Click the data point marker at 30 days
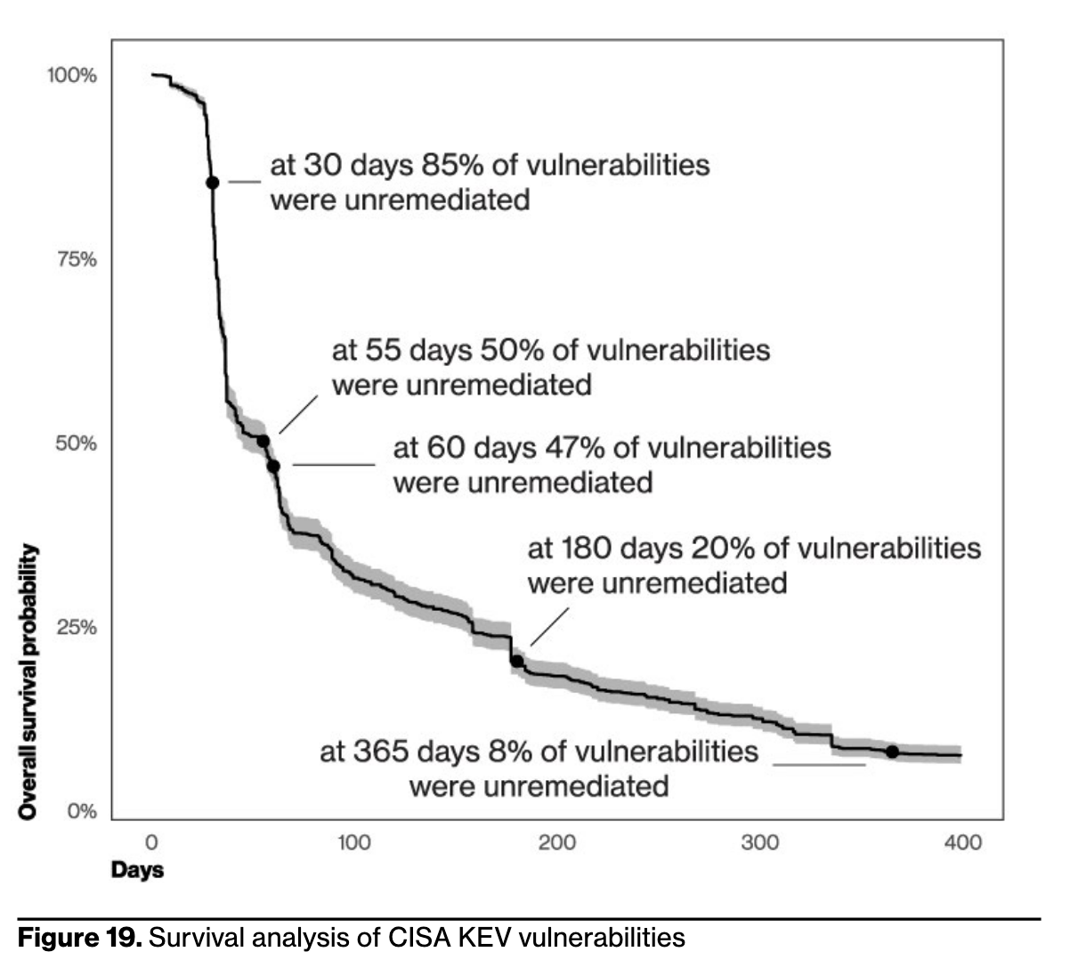212,182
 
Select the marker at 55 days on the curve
263,441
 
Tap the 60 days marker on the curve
273,466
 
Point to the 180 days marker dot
516,661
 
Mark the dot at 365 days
892,752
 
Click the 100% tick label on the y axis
72,75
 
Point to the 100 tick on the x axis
353,842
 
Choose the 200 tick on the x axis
557,842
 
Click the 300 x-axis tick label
760,842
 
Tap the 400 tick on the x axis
962,842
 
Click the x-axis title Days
137,869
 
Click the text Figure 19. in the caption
80,938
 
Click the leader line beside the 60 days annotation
334,464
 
